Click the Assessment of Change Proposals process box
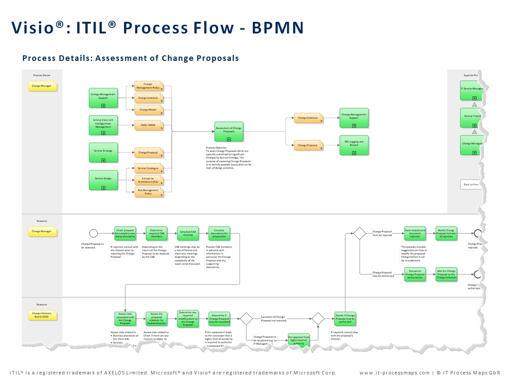pos(229,132)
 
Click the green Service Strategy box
pos(103,153)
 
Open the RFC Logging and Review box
pos(354,145)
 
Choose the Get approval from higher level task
pos(299,340)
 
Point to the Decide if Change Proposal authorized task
pos(345,319)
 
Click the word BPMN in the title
pos(278,27)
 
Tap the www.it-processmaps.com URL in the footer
pos(394,373)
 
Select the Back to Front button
pos(471,184)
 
